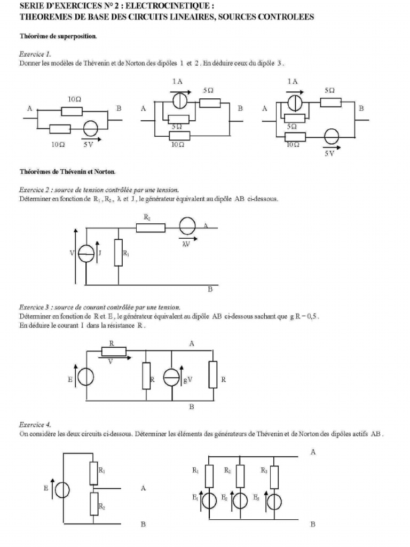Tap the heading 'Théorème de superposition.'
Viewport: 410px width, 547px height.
(58, 37)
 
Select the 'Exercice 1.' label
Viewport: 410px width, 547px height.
(35, 54)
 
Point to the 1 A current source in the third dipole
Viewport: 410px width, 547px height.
(292, 102)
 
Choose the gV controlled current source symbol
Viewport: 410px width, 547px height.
(172, 379)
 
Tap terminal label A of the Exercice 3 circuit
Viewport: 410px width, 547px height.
(191, 344)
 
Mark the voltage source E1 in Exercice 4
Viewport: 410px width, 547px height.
(209, 501)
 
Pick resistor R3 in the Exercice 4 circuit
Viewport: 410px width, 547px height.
(274, 476)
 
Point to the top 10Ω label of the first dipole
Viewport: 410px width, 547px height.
(75, 99)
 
